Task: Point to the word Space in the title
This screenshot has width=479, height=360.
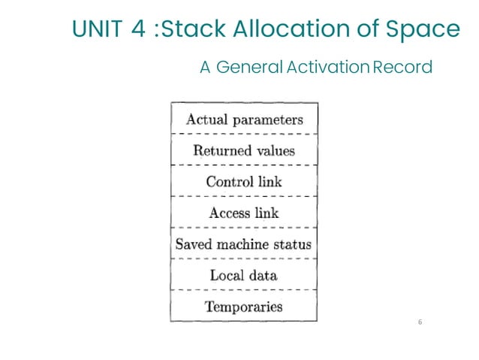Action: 426,29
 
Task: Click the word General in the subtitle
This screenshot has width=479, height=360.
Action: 250,67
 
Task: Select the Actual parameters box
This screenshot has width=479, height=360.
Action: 244,119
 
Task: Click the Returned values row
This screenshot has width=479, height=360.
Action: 244,150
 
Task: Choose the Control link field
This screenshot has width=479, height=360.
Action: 244,181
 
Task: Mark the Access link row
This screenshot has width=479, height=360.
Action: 244,213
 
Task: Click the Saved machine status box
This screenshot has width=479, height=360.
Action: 244,244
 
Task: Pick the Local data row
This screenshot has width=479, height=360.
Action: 244,275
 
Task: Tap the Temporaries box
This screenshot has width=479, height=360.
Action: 244,306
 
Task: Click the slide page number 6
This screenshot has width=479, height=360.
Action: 420,322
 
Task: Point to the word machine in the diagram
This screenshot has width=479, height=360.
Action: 246,244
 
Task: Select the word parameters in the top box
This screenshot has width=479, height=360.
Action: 267,119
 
